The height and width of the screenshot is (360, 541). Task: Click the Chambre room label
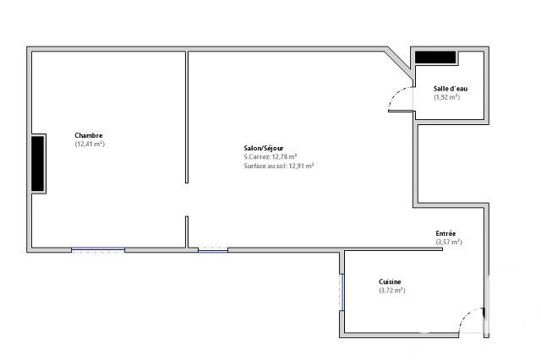coord(89,135)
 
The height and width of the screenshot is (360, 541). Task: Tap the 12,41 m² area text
coord(90,145)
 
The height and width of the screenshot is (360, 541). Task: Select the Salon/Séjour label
coord(264,148)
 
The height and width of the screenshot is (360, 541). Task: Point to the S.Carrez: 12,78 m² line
coord(270,157)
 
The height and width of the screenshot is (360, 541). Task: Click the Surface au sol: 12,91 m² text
coord(278,166)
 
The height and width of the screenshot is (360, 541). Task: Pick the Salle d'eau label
coord(451,89)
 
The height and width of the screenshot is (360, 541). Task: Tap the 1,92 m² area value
coord(447,97)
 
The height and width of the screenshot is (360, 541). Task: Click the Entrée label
coord(445,233)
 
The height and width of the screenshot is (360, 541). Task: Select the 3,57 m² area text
coord(449,242)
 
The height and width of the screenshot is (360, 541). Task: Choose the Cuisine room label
coord(390,281)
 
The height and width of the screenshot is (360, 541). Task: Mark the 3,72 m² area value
coord(392,291)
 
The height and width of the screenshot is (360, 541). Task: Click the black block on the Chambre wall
coord(38,163)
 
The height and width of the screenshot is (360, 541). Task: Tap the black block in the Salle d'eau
coord(435,57)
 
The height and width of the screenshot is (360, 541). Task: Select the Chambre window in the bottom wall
coord(98,249)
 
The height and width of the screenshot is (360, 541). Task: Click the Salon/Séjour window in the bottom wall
coord(213,249)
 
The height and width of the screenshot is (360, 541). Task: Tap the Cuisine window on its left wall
coord(342,292)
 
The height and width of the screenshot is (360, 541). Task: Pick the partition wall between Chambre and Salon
coord(187,117)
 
